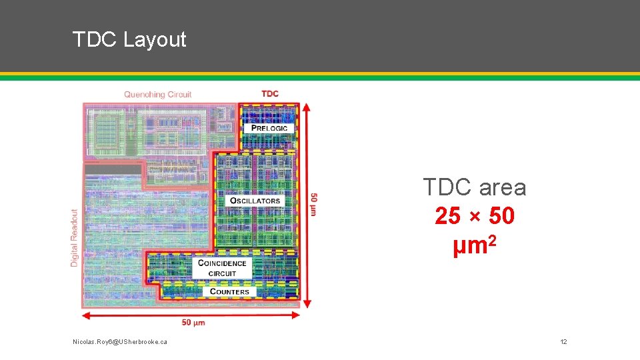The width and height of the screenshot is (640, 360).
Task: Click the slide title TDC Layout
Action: tap(129, 39)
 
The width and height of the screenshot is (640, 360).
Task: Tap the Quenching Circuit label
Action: tap(157, 95)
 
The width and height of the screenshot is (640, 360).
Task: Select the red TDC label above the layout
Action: tap(270, 93)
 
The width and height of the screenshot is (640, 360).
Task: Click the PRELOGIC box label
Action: tap(269, 128)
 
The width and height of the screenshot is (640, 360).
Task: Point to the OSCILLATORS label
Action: tap(255, 201)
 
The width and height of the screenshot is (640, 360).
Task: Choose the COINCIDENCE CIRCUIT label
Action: tap(222, 268)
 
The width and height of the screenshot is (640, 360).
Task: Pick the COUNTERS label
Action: tap(229, 291)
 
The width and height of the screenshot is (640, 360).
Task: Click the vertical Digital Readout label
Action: tap(74, 238)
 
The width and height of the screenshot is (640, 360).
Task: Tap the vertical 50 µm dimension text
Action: tap(313, 204)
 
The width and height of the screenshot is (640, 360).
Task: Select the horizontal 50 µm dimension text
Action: tap(193, 323)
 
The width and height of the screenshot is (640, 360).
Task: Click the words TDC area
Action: tap(474, 187)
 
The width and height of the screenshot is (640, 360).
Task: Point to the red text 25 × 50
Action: tap(474, 216)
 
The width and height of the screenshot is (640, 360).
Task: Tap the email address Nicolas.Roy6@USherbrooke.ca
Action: tap(120, 342)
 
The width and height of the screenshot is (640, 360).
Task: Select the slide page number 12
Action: tap(563, 342)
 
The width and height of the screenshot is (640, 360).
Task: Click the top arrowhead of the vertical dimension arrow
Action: tap(306, 106)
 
